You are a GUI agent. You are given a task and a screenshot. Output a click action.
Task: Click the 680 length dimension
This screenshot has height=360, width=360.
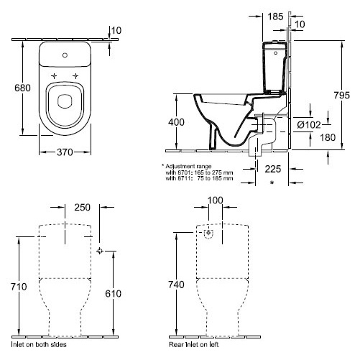click(22, 88)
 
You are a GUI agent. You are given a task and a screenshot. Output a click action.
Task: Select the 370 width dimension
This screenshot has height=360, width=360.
click(65, 152)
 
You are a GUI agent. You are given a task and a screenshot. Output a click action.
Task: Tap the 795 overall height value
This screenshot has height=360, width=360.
click(342, 96)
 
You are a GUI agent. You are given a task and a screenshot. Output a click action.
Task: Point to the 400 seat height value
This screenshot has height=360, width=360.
click(176, 122)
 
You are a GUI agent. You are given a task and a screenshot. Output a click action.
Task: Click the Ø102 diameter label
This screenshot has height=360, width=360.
click(309, 125)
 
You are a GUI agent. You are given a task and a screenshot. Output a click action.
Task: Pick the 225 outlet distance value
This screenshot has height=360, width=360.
click(273, 169)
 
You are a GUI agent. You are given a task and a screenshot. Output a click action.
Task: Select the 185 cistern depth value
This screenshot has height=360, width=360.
click(275, 17)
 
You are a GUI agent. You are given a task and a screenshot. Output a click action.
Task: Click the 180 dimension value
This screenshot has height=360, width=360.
click(328, 137)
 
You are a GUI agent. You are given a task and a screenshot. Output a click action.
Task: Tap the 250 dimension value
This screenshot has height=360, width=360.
click(82, 208)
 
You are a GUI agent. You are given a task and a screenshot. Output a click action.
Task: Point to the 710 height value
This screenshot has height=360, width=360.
click(19, 287)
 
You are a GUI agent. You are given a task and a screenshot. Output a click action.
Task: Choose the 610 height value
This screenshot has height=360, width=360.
click(114, 294)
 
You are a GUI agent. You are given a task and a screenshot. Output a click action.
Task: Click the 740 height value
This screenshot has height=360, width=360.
click(176, 285)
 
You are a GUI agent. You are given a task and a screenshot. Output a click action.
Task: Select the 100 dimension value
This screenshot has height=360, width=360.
click(216, 200)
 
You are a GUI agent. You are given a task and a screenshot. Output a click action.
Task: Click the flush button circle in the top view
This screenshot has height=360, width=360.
click(65, 55)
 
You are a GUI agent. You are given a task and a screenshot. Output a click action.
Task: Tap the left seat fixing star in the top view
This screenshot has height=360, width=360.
click(55, 76)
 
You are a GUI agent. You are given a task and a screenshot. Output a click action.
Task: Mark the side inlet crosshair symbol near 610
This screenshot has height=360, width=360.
click(100, 251)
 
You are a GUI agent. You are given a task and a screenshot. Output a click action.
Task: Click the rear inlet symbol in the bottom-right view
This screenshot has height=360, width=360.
click(208, 233)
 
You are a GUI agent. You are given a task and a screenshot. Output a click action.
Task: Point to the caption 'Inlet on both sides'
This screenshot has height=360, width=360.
click(39, 344)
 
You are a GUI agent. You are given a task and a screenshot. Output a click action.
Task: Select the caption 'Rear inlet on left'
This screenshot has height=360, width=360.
click(194, 344)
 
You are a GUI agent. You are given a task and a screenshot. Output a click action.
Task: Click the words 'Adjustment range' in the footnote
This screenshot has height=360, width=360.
click(188, 166)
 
